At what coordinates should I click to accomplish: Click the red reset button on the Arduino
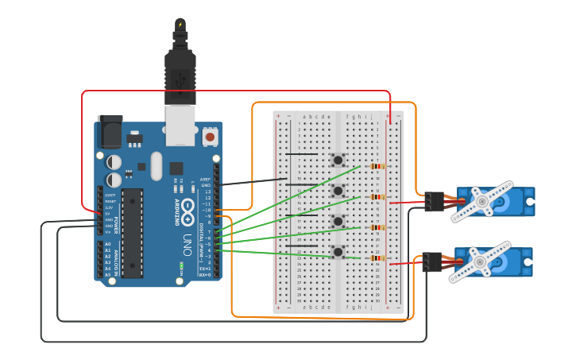click(x=210, y=137)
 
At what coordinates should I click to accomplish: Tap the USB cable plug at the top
click(x=180, y=72)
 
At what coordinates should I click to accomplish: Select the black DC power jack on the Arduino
click(x=110, y=132)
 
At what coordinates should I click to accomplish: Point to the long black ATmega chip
click(x=132, y=233)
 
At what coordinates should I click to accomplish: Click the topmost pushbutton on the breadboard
click(x=338, y=160)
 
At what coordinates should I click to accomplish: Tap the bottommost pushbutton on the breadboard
click(x=338, y=251)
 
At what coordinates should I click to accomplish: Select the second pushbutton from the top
click(x=338, y=191)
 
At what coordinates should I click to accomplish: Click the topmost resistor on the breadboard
click(x=377, y=166)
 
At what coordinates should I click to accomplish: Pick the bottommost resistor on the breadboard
click(x=377, y=257)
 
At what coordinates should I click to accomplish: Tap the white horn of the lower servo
click(x=479, y=262)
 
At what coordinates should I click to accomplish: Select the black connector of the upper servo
click(x=434, y=202)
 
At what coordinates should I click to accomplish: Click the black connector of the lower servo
click(x=432, y=262)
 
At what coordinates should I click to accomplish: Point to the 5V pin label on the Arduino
click(x=108, y=214)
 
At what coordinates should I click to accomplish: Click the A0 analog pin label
click(x=108, y=244)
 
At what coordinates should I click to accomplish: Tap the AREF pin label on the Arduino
click(x=205, y=180)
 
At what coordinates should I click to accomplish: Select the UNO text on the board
click(x=187, y=239)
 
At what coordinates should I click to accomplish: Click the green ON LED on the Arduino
click(x=182, y=265)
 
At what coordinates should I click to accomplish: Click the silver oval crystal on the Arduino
click(x=156, y=165)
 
